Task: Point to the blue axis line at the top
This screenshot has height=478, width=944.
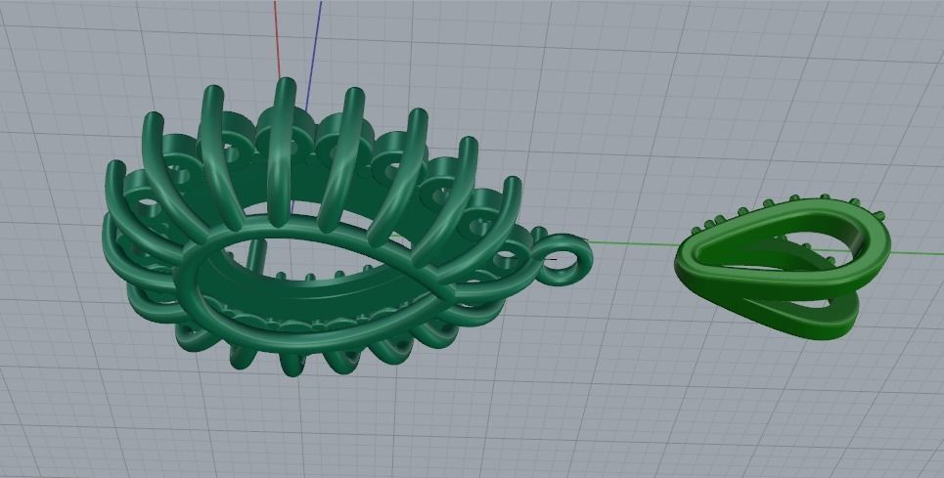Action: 318,29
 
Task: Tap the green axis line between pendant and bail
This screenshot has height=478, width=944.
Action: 631,244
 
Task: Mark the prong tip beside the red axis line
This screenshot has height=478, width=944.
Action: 285,82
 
